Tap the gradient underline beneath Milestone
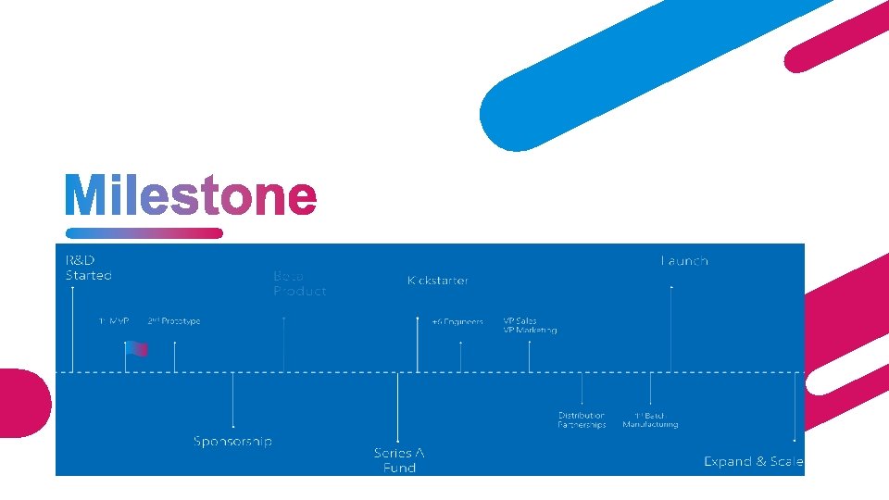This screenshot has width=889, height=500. (x=144, y=233)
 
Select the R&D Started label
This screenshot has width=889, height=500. (x=88, y=268)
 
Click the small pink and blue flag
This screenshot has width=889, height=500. (x=137, y=349)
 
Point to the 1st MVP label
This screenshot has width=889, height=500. (x=114, y=321)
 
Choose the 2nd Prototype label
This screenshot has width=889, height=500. (x=173, y=321)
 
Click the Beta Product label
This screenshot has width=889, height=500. (x=299, y=283)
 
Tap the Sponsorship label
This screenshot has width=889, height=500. (x=232, y=441)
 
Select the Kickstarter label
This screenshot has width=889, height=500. (x=438, y=280)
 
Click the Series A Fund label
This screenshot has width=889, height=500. (x=399, y=460)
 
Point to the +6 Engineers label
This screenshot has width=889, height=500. (x=457, y=322)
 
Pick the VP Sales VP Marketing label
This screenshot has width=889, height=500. (x=530, y=325)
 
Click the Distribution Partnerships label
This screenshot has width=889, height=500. (x=582, y=420)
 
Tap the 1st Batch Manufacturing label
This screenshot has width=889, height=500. (x=650, y=420)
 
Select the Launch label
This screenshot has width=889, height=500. (x=684, y=261)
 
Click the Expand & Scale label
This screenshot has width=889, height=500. (x=753, y=461)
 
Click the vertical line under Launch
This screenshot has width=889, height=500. (x=671, y=329)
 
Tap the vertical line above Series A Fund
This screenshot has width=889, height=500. (x=397, y=407)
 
